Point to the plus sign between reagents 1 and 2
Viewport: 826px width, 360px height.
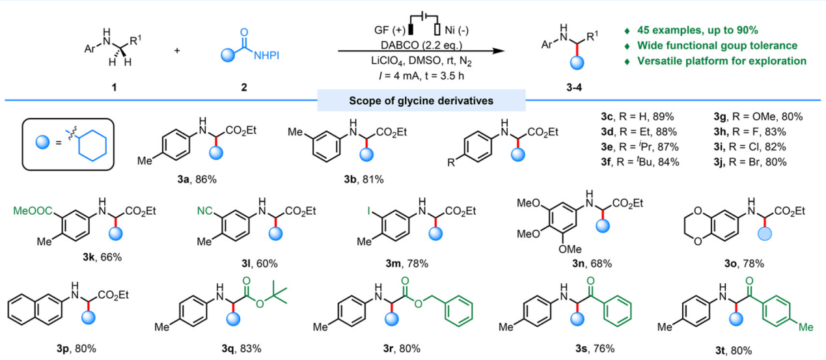pos(177,50)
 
